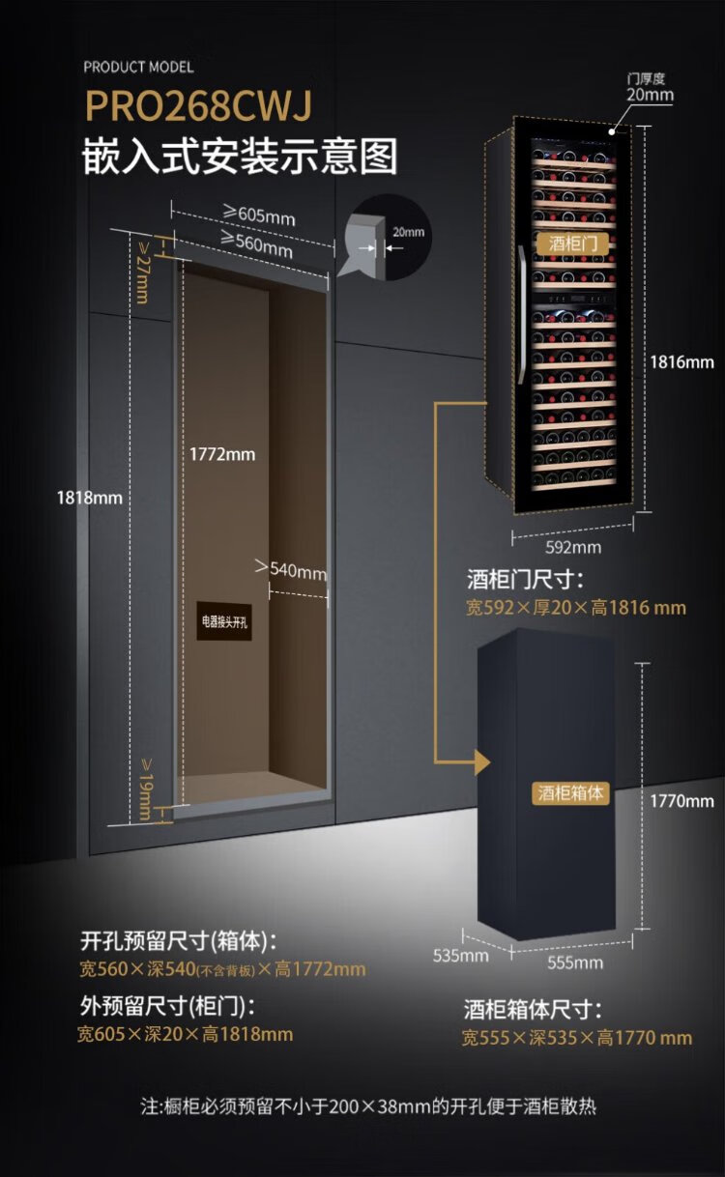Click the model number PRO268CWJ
[199, 106]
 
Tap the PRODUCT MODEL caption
[138, 67]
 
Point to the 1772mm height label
[222, 453]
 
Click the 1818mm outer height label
[89, 498]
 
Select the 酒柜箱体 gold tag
[571, 792]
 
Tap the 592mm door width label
[573, 547]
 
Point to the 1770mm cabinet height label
[681, 800]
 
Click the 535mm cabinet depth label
[460, 956]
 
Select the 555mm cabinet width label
[575, 962]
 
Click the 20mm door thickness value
[650, 95]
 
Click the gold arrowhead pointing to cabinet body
[482, 763]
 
